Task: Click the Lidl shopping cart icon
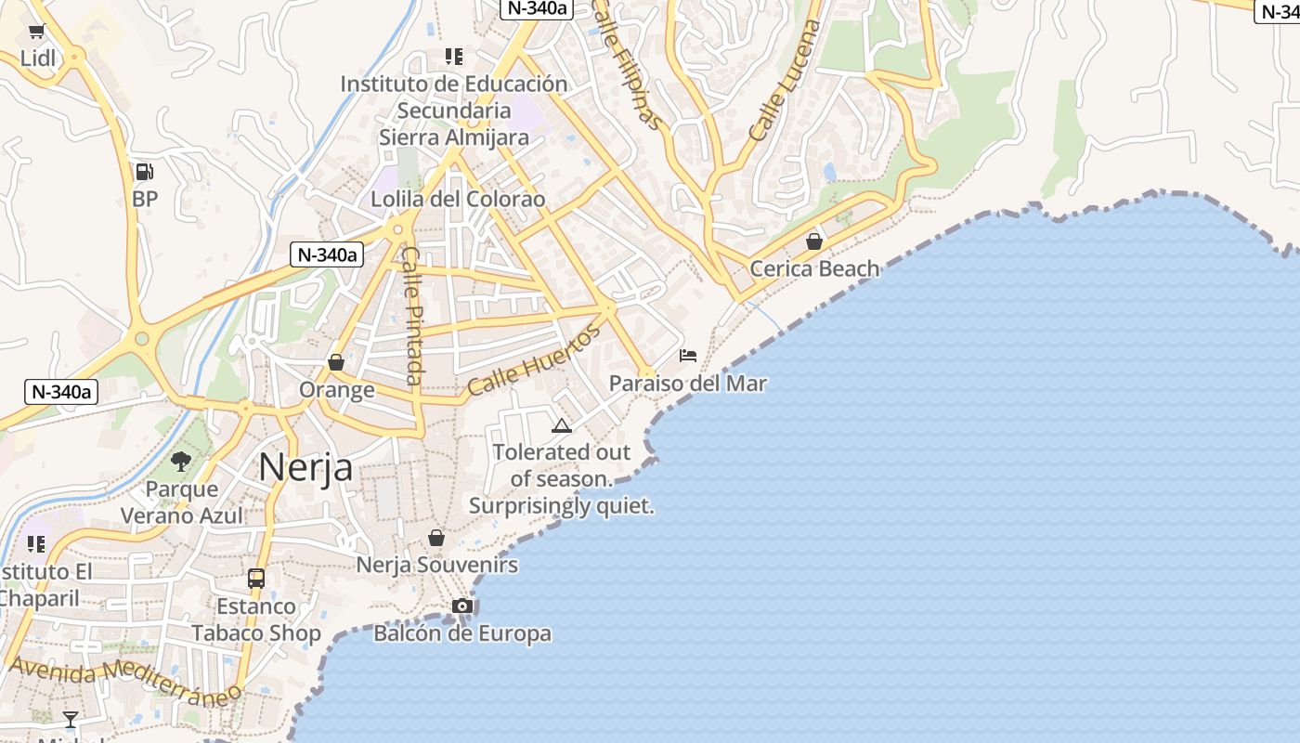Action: coord(37,33)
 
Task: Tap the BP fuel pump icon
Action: coord(144,172)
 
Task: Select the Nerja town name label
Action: coord(305,466)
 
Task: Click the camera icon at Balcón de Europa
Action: coord(462,606)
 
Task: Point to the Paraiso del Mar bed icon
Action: coord(688,356)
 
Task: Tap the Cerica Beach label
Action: coord(814,269)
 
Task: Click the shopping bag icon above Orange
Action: coord(336,362)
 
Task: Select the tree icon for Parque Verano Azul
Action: coord(182,461)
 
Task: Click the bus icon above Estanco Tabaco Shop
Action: coord(256,579)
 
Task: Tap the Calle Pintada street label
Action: coord(413,316)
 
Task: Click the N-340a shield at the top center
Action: coord(536,8)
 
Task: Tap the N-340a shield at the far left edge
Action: coord(61,392)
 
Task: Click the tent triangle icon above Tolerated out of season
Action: coord(561,426)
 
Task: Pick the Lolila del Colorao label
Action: coord(458,200)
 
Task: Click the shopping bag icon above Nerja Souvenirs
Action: coord(436,538)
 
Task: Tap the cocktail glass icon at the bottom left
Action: coord(71,719)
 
